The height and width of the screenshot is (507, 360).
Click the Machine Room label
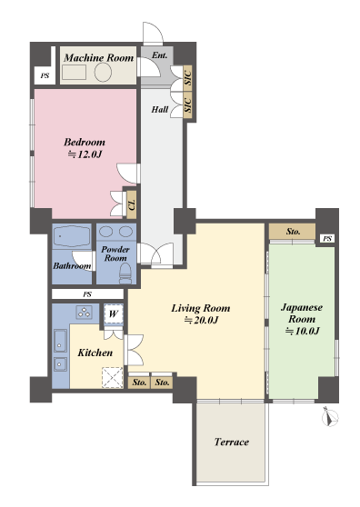tap(99, 58)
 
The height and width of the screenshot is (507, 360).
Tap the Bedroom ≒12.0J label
tap(85, 148)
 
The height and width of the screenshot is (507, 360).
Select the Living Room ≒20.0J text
tap(201, 313)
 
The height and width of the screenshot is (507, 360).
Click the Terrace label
tap(232, 442)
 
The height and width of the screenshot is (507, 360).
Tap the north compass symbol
tap(330, 417)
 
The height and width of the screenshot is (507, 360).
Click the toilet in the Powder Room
tap(125, 273)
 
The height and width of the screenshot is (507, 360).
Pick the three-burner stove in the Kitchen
tap(85, 313)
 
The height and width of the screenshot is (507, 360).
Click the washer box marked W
tap(114, 313)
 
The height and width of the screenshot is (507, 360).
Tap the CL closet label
tap(132, 204)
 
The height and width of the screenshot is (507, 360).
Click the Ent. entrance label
tap(160, 55)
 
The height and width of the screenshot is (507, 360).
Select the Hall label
tap(160, 110)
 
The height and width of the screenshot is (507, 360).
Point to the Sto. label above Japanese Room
tap(293, 232)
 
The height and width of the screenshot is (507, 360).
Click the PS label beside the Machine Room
tap(45, 76)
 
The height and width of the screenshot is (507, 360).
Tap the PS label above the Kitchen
tap(87, 294)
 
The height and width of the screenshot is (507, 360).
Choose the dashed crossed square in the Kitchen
tap(113, 377)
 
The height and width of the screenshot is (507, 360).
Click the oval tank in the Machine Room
tap(103, 72)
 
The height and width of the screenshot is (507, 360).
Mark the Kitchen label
tap(95, 353)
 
